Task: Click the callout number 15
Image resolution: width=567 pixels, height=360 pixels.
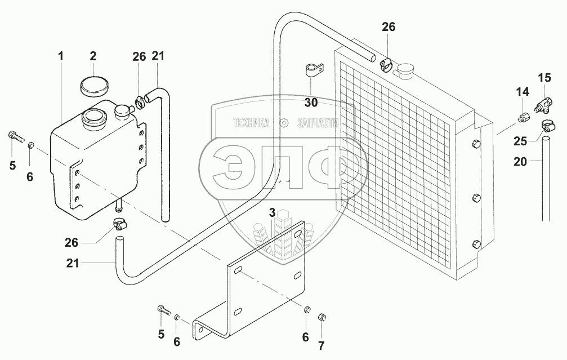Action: [x=544, y=77]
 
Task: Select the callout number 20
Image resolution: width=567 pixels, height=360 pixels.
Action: [x=520, y=161]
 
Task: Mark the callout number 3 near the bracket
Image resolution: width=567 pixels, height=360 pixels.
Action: [x=272, y=212]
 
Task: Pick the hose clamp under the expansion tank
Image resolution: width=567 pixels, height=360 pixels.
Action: [x=120, y=224]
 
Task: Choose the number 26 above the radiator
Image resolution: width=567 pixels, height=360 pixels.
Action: [x=389, y=27]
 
